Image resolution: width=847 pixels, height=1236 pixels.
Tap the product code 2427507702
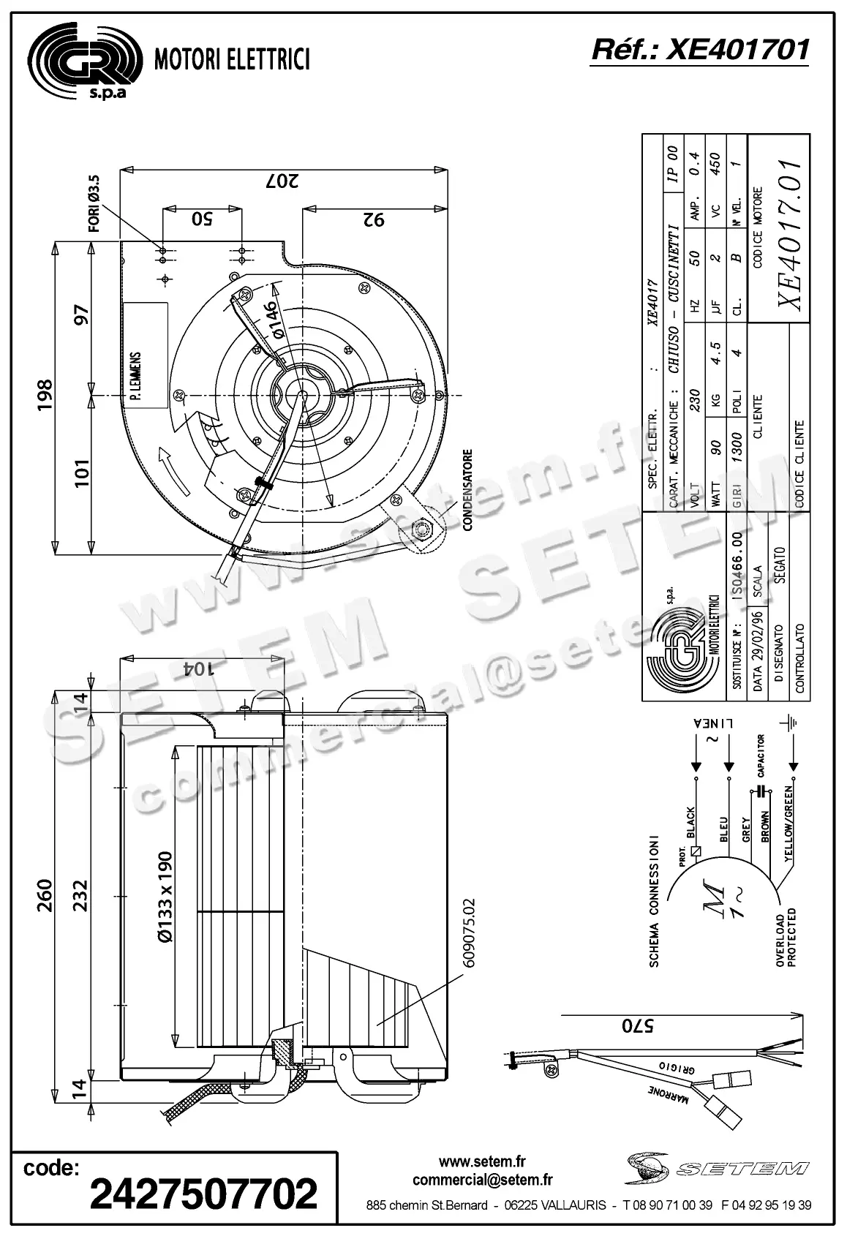203,1193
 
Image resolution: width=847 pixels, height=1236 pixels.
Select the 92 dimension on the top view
373,219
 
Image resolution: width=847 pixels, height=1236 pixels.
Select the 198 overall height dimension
45,396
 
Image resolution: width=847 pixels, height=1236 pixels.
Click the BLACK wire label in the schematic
691,823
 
